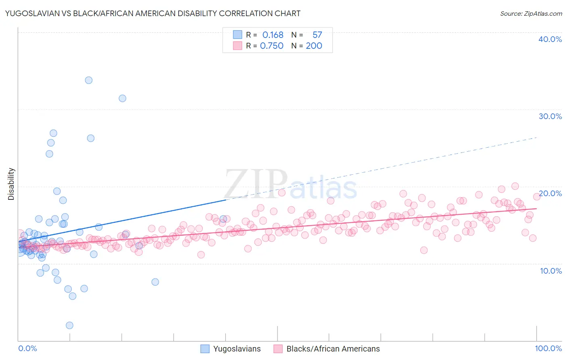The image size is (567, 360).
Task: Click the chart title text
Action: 152,13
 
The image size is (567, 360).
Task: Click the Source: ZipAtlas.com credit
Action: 531,13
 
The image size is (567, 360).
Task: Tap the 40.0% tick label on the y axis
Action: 550,39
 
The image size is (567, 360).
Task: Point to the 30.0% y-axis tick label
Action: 550,116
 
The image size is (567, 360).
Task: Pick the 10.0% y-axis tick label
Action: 551,271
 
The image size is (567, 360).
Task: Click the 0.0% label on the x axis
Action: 27,348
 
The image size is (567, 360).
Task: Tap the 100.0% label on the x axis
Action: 548,348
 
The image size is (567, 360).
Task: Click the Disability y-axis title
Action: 11,184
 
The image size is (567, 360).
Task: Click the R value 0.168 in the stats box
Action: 273,35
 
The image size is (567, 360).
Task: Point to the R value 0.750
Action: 272,46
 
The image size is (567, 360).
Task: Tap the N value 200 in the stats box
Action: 314,46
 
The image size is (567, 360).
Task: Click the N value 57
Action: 317,35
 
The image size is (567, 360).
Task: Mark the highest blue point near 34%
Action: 89,80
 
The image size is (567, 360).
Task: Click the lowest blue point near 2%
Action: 69,325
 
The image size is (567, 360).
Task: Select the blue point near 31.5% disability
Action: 123,98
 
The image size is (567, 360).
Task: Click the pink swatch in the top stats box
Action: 238,46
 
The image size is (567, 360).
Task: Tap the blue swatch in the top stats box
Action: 238,35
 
